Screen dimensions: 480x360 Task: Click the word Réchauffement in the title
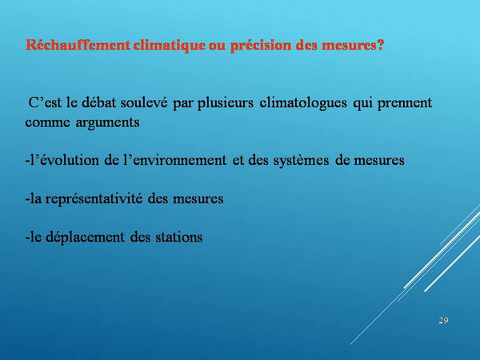click(x=78, y=46)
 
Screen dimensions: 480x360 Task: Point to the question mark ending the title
click(x=380, y=45)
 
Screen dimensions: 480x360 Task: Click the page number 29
click(x=443, y=321)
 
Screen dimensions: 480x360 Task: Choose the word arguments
click(x=107, y=123)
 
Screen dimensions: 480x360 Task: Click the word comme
click(x=47, y=122)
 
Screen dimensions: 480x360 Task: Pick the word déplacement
click(x=85, y=238)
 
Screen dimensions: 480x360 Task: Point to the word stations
click(x=178, y=238)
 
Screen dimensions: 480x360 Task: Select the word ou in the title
click(x=218, y=46)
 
